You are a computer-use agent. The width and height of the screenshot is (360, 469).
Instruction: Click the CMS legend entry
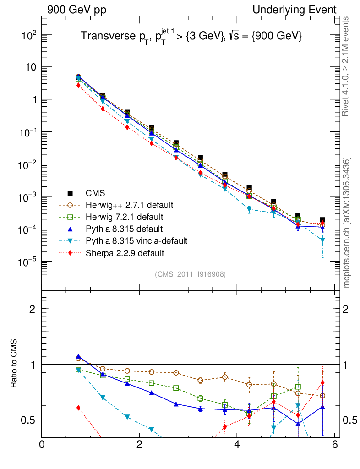click(x=96, y=193)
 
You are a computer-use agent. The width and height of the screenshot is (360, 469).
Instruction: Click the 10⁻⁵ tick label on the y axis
click(x=28, y=262)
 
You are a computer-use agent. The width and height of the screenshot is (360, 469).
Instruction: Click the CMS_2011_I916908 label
click(x=190, y=274)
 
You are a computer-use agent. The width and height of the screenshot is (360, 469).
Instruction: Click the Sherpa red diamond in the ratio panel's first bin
click(x=78, y=408)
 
